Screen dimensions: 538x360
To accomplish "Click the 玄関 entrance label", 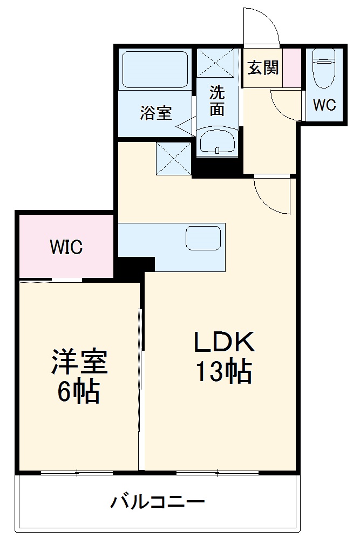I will [263, 68].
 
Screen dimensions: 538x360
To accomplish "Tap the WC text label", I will [325, 105].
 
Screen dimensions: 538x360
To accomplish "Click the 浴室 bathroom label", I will [156, 113].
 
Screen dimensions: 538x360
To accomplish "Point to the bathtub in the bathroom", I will [155, 70].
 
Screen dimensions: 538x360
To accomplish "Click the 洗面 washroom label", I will [217, 101].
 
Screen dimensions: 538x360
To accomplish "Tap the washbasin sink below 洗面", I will [217, 142].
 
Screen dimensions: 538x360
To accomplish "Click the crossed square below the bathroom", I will [173, 159].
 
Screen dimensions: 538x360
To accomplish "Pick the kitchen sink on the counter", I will [203, 238].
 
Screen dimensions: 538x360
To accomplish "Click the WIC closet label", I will [66, 247].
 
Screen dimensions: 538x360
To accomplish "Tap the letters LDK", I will [224, 342].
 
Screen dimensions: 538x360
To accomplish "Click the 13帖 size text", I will [224, 372].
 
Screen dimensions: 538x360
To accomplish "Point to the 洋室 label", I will [80, 363].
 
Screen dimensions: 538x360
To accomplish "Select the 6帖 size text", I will [79, 393].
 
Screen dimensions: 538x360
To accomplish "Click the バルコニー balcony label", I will [158, 503].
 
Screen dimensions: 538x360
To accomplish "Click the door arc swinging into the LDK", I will [273, 195].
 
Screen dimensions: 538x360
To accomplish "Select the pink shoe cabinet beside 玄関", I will [293, 68].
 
